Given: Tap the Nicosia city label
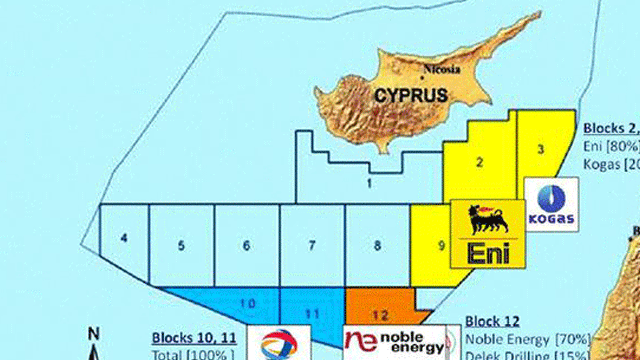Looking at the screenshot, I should point(442,70).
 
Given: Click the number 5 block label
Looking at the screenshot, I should point(181,245).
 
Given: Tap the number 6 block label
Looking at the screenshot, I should point(246,245).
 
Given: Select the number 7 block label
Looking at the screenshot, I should point(312,245).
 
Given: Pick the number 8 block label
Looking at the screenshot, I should point(377,245).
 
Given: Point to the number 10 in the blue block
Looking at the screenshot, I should point(249,303).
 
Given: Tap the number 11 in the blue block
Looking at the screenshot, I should point(311,314).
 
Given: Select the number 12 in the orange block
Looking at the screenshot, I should point(379,314).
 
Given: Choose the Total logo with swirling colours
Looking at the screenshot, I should point(275,343).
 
